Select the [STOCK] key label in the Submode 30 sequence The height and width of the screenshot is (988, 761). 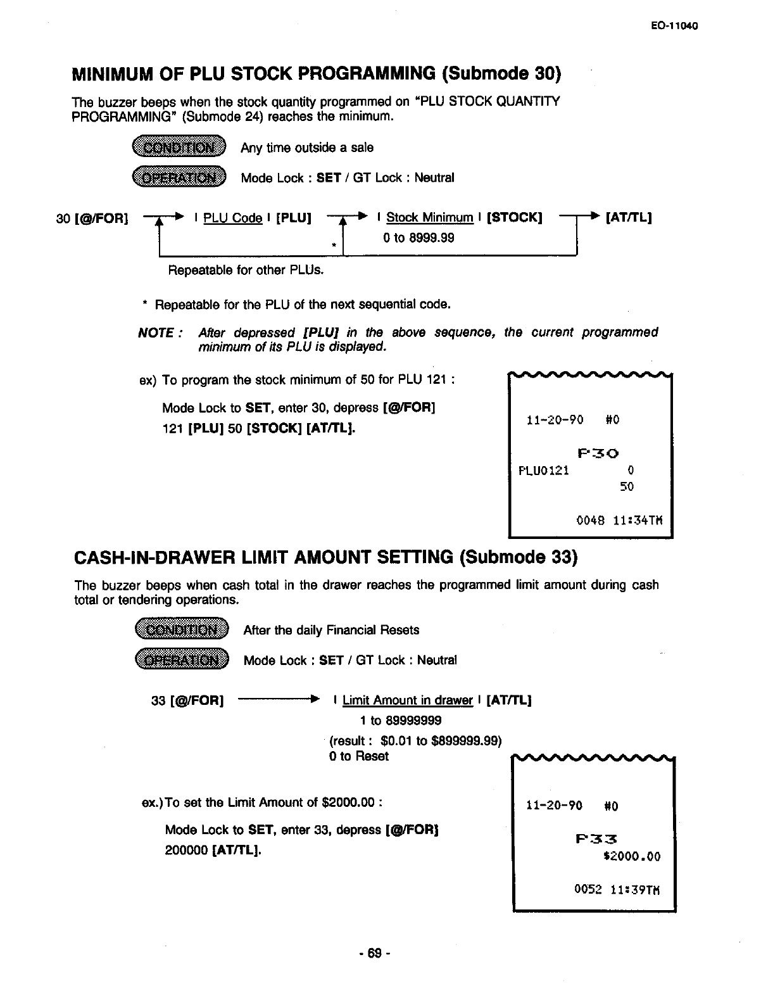[514, 218]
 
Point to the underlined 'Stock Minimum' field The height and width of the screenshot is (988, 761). [430, 218]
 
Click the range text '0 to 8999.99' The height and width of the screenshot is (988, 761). [418, 238]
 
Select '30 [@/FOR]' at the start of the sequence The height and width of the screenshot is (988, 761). [92, 218]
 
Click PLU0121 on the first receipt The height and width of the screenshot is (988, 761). [543, 471]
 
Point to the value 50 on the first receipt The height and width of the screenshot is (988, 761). [627, 487]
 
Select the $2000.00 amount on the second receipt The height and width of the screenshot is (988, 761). [632, 857]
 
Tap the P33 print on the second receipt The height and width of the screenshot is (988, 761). [597, 840]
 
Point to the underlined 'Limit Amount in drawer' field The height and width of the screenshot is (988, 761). [407, 700]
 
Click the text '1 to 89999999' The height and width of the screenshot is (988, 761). [400, 721]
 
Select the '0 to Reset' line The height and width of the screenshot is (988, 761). [359, 756]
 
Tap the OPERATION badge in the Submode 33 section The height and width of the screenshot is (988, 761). [181, 660]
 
